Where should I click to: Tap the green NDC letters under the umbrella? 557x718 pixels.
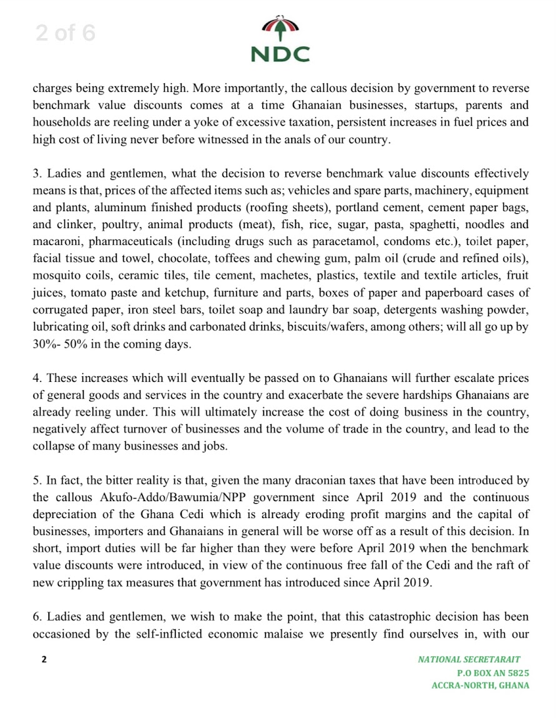click(x=280, y=54)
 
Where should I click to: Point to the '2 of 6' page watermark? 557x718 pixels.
click(x=65, y=33)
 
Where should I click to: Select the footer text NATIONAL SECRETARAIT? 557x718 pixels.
click(x=469, y=659)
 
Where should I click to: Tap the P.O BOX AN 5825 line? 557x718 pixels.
click(x=493, y=672)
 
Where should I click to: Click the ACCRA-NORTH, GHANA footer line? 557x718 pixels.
click(x=480, y=685)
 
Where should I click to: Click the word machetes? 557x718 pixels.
click(x=294, y=274)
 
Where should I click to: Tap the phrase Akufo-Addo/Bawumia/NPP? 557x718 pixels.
click(x=165, y=498)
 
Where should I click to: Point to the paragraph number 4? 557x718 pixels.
click(x=36, y=378)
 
